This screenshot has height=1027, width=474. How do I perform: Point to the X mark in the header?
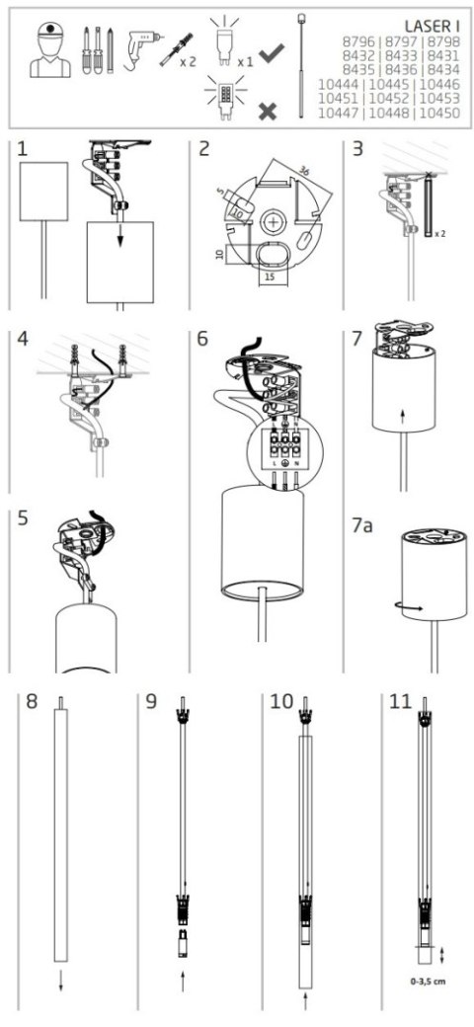click(x=267, y=110)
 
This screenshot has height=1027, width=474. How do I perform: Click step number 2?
click(x=204, y=150)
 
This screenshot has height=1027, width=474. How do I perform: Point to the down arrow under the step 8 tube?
click(x=61, y=976)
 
